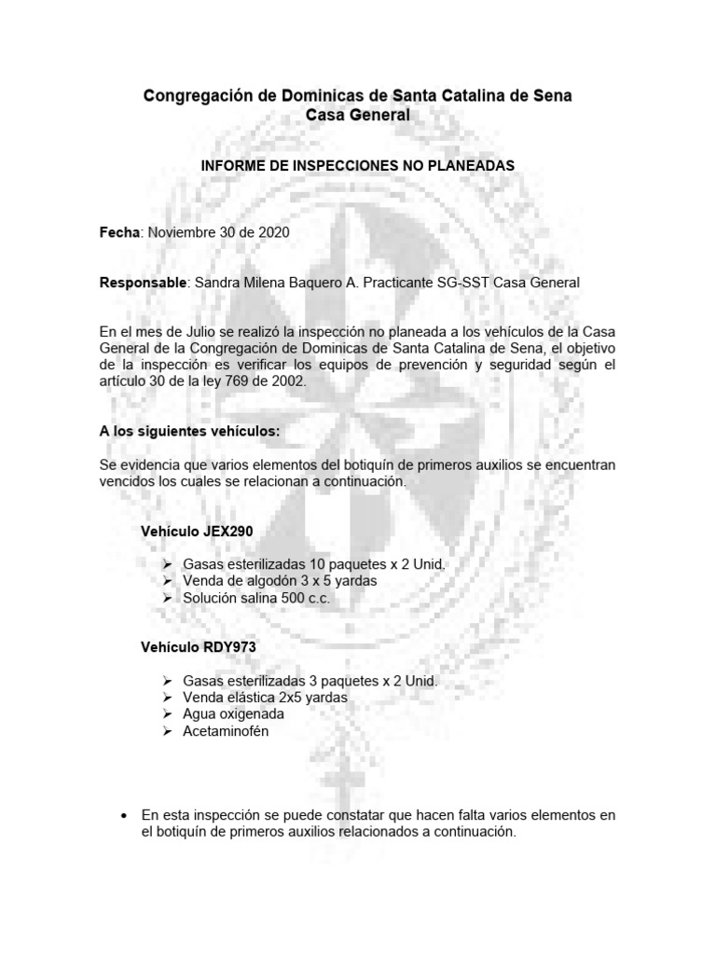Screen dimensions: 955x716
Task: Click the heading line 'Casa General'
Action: pos(358,115)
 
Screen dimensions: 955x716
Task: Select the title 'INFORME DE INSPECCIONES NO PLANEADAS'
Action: pos(358,165)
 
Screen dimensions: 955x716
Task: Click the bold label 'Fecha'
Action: pos(118,232)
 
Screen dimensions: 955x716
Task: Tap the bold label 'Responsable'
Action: pos(142,282)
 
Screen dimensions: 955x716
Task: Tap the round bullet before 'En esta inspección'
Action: pos(124,815)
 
